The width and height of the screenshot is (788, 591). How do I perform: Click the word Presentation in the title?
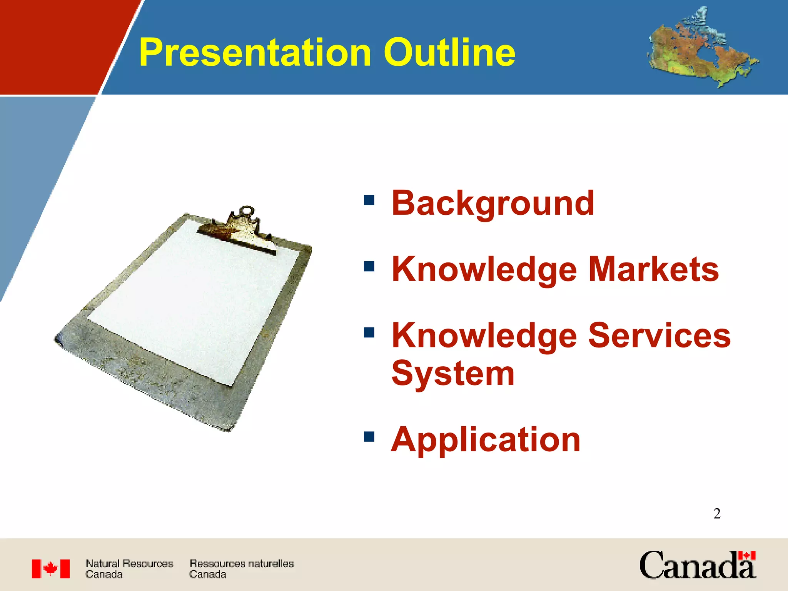(x=255, y=53)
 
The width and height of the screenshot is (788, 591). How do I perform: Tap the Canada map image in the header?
(x=703, y=47)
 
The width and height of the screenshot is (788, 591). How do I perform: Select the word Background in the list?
(x=493, y=204)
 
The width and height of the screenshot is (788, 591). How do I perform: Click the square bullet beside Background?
(x=369, y=200)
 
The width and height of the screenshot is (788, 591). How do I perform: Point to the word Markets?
(x=653, y=269)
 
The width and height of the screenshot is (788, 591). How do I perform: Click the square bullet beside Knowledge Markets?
(x=369, y=266)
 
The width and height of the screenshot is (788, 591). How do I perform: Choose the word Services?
(x=659, y=335)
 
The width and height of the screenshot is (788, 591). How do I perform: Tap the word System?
(x=453, y=374)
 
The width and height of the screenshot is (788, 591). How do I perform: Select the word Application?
(x=486, y=441)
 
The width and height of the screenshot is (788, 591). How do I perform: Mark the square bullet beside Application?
(x=369, y=436)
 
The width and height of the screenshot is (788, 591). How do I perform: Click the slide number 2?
(x=717, y=514)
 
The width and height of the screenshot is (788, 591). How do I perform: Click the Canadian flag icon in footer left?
(x=51, y=569)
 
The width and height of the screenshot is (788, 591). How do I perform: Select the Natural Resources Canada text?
(x=129, y=569)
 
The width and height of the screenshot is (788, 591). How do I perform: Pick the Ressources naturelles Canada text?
(x=242, y=569)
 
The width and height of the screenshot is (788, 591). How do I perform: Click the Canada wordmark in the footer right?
(x=698, y=565)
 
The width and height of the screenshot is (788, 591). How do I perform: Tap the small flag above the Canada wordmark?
(x=746, y=556)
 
